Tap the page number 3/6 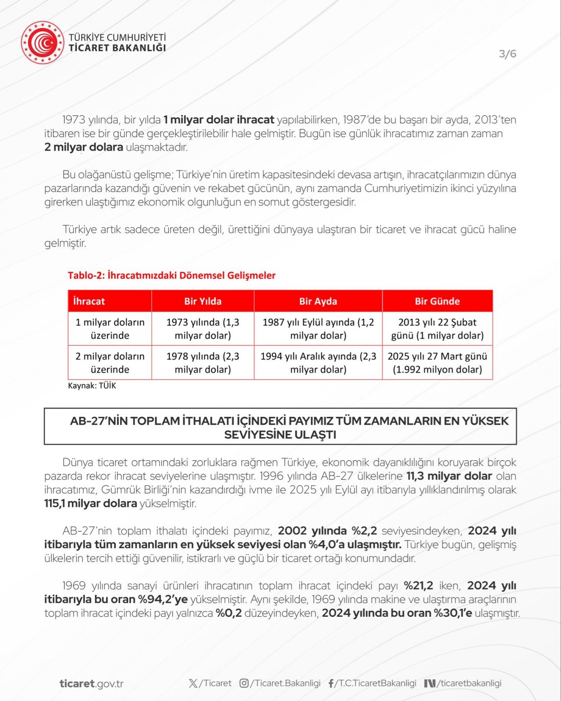[x=508, y=54]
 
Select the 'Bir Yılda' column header [x=202, y=301]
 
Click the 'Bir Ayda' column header [x=318, y=301]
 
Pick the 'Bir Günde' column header [x=437, y=301]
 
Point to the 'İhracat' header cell [x=89, y=301]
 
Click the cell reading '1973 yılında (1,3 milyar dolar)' [x=202, y=329]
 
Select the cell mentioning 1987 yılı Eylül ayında [x=318, y=329]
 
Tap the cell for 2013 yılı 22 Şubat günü [x=437, y=329]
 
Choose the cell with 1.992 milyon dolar [x=437, y=363]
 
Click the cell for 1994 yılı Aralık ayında [x=318, y=363]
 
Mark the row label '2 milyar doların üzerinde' [x=110, y=363]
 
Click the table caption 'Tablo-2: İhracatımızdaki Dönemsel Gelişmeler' [x=171, y=275]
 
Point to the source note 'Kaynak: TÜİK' [x=92, y=386]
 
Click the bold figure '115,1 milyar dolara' [x=91, y=503]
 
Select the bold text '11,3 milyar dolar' [x=449, y=476]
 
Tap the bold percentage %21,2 [x=419, y=585]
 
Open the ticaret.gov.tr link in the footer [x=92, y=683]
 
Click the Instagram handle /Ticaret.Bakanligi [x=285, y=683]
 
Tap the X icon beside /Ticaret [x=193, y=683]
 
